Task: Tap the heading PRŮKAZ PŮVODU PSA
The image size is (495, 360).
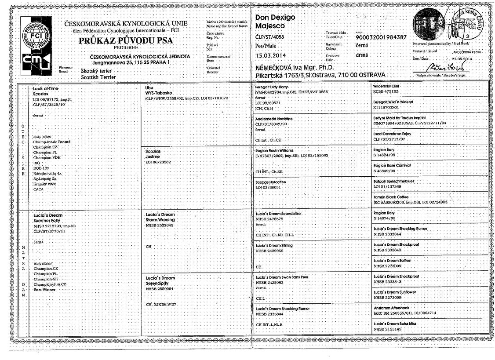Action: (126, 40)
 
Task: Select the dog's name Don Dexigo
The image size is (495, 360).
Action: (275, 17)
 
